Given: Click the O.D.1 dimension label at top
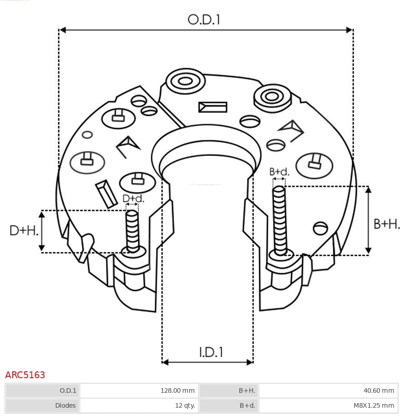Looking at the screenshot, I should tap(204, 20).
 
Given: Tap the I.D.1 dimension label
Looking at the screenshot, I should tap(211, 352).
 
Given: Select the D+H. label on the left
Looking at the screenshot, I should tap(24, 231).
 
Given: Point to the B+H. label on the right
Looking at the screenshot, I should tap(386, 224).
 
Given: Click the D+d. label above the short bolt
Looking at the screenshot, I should tap(133, 199).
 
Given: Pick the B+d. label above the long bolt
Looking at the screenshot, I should tap(279, 172).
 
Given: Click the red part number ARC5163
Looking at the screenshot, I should tap(25, 375).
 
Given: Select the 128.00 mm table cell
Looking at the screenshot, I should tap(177, 390).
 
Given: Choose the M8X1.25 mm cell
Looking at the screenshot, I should tap(374, 405).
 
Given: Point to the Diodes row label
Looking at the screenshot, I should tap(66, 405).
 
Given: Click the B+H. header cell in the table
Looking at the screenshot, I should tap(247, 390).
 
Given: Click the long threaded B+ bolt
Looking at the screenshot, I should tap(279, 220).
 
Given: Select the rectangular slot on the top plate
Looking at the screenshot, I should tap(213, 107).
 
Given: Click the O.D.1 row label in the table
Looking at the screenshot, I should tap(68, 390).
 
